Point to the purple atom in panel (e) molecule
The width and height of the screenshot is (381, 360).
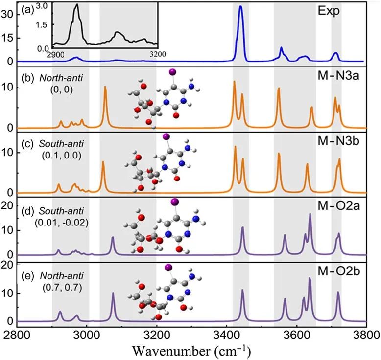[x=168, y=267]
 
